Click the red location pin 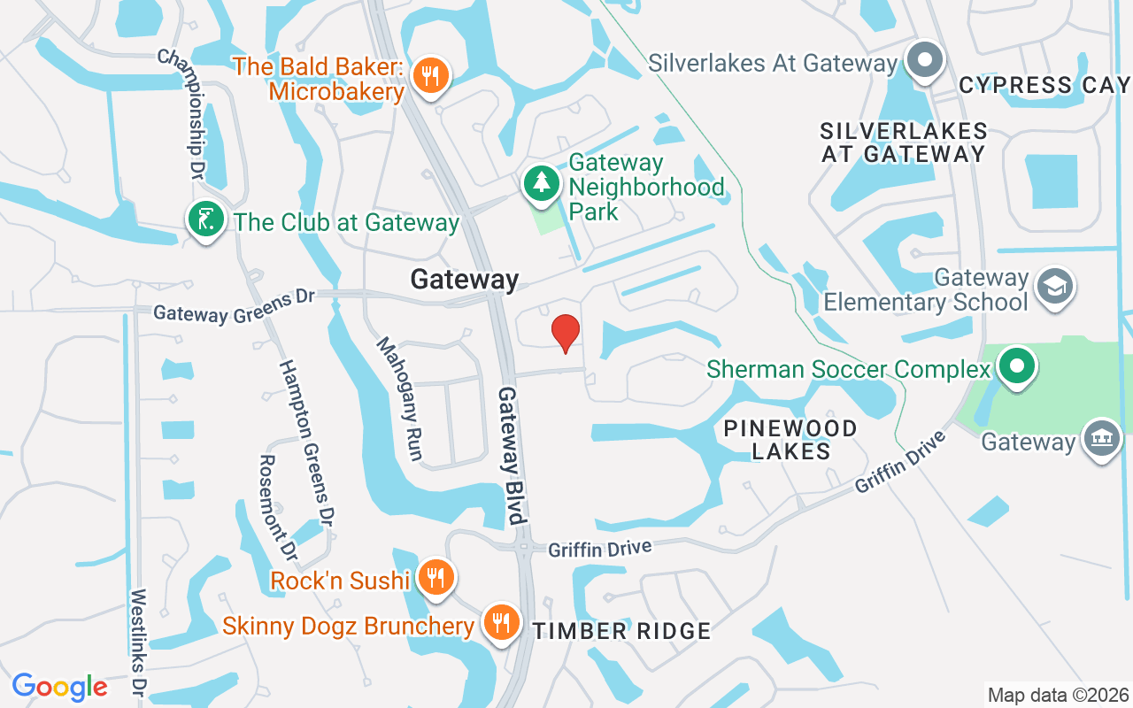coord(566,332)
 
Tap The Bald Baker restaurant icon coord(430,75)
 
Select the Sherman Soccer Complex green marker coord(1017,366)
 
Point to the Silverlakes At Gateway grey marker coord(925,61)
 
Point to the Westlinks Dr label coord(138,641)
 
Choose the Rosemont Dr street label coord(277,508)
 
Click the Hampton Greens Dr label coord(306,442)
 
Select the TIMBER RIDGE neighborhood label coord(621,631)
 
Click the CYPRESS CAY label coord(1044,85)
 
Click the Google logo coord(59,687)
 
